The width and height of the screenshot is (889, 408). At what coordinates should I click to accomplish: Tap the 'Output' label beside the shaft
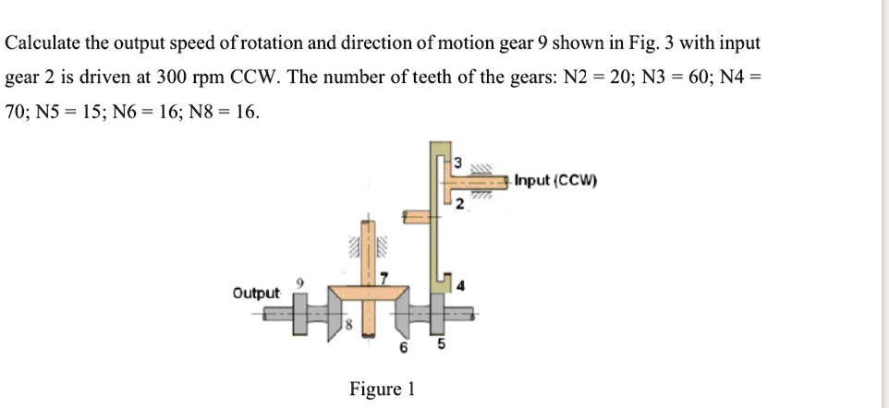[x=257, y=293]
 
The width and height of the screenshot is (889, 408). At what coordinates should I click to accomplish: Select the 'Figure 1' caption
[x=382, y=389]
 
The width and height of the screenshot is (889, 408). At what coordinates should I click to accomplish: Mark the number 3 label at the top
[x=454, y=162]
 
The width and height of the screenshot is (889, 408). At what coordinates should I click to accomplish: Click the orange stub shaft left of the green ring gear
[x=414, y=216]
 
